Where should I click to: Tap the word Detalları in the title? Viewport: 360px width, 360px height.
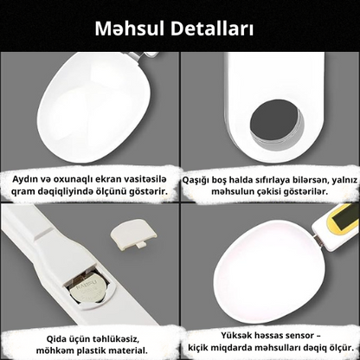point(213,29)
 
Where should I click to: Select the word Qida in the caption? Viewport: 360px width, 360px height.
point(56,338)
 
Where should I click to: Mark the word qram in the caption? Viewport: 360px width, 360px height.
point(22,192)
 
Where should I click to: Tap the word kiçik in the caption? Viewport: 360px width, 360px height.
point(197,348)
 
